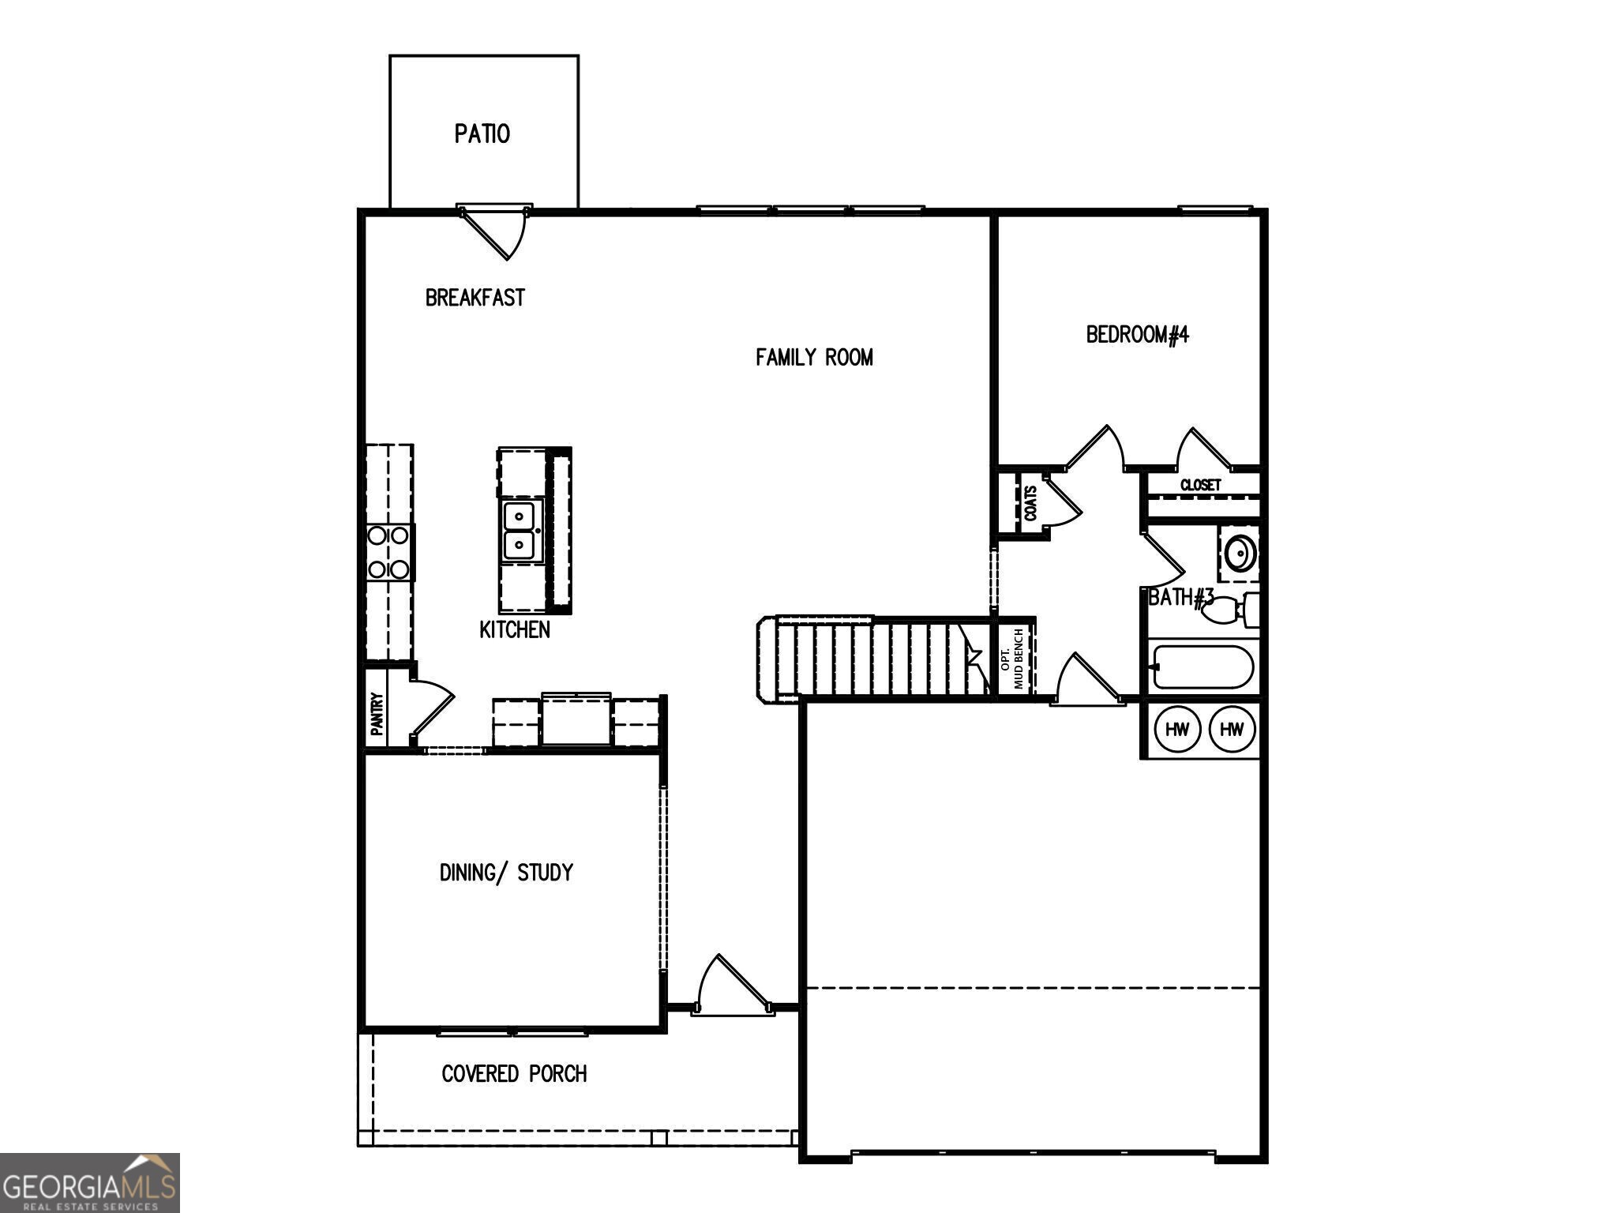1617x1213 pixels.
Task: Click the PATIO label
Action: (x=482, y=133)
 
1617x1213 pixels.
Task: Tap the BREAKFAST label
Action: (x=475, y=298)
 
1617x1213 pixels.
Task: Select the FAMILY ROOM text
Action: (x=814, y=358)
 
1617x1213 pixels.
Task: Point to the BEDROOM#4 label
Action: (x=1137, y=335)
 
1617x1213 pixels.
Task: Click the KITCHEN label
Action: (x=515, y=629)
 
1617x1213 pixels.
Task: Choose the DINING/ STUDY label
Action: (x=506, y=873)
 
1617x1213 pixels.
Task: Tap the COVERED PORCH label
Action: (x=514, y=1074)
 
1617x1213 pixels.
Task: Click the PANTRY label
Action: (x=377, y=713)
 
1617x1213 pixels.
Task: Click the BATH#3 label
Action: (x=1180, y=598)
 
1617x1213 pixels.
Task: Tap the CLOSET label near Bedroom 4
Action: (x=1200, y=485)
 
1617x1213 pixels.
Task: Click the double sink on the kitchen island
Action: (x=520, y=530)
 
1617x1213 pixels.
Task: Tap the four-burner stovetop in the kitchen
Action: (x=388, y=552)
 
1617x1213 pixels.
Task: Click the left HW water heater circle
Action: (x=1176, y=729)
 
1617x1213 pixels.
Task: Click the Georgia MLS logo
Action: (x=89, y=1182)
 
